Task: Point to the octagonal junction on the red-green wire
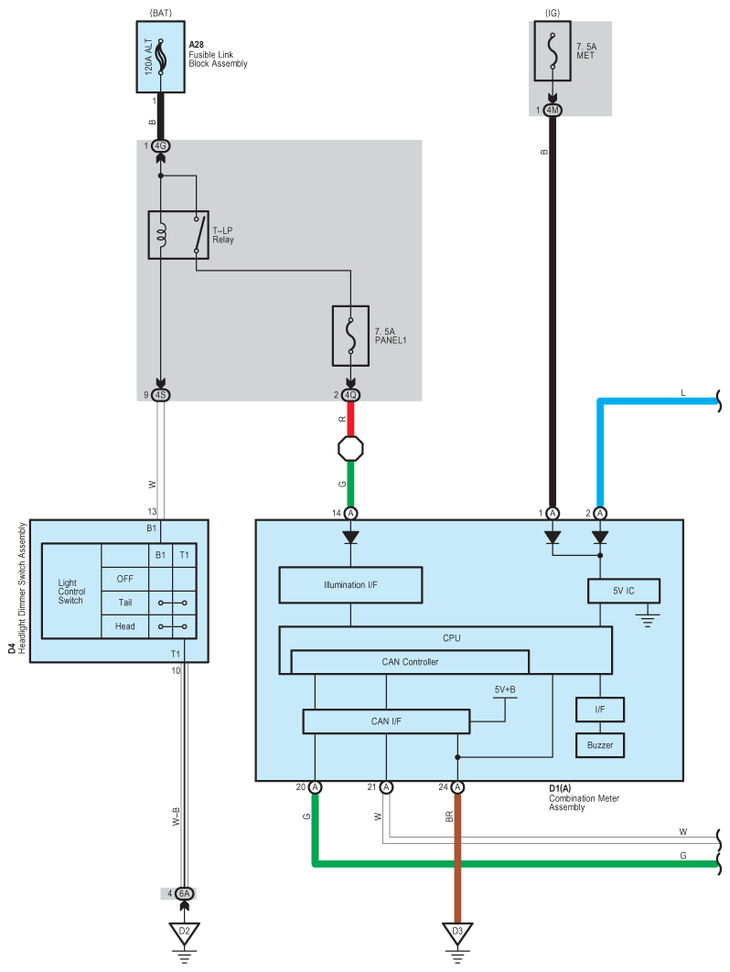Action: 350,448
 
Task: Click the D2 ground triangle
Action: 184,933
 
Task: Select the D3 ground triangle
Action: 457,933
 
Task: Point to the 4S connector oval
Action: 161,395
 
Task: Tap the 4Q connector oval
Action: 350,395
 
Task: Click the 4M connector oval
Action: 552,111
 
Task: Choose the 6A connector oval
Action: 184,893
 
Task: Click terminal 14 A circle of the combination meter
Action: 350,513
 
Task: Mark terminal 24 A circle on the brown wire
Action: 457,787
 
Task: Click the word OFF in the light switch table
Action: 124,579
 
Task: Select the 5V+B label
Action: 505,689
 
